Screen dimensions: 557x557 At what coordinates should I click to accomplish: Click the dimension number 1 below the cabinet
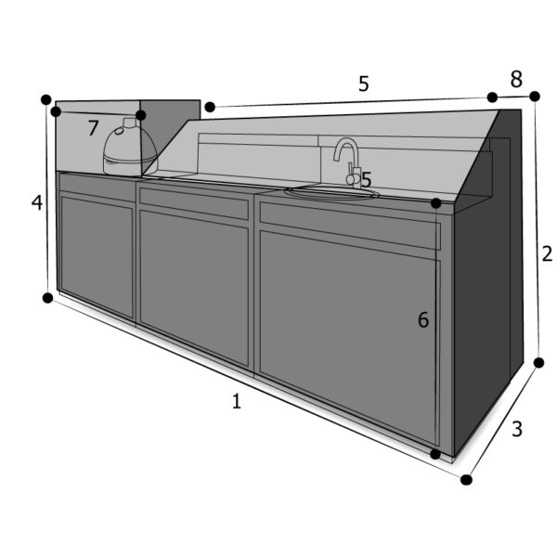pyautogui.click(x=237, y=401)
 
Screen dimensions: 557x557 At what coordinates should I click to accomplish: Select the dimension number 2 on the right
pyautogui.click(x=547, y=254)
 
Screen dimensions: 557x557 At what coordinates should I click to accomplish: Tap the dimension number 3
pyautogui.click(x=517, y=429)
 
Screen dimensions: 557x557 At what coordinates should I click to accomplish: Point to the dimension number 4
pyautogui.click(x=37, y=203)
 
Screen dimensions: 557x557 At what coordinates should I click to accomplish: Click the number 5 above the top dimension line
pyautogui.click(x=364, y=84)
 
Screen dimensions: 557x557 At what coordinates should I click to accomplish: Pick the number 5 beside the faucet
pyautogui.click(x=366, y=179)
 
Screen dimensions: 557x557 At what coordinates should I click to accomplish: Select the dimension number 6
pyautogui.click(x=423, y=319)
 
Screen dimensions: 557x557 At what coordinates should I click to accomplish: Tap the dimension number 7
pyautogui.click(x=93, y=128)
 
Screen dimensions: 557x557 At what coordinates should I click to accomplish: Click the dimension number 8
pyautogui.click(x=516, y=79)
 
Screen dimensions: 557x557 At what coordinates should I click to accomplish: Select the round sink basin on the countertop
pyautogui.click(x=332, y=192)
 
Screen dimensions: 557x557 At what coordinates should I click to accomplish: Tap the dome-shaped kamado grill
pyautogui.click(x=130, y=149)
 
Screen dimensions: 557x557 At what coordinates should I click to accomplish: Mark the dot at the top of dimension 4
pyautogui.click(x=46, y=99)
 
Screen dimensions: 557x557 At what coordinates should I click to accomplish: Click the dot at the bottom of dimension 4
pyautogui.click(x=47, y=298)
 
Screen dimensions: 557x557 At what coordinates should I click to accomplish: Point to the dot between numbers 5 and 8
pyautogui.click(x=492, y=97)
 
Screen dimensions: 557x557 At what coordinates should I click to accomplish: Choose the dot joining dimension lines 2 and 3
pyautogui.click(x=538, y=363)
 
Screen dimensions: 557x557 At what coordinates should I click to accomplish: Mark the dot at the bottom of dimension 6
pyautogui.click(x=435, y=454)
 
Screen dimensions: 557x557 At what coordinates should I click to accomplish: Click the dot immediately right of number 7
pyautogui.click(x=141, y=115)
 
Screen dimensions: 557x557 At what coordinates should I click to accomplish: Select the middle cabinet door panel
pyautogui.click(x=194, y=289)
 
